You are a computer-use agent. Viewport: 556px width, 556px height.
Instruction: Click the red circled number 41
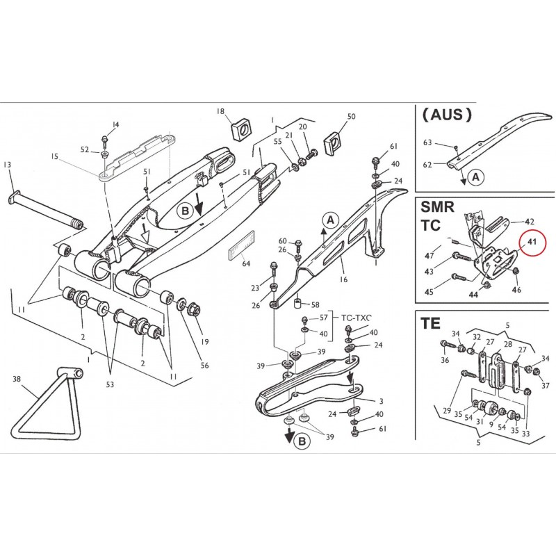click(532, 243)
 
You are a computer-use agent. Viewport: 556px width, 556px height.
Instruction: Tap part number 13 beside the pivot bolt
click(8, 165)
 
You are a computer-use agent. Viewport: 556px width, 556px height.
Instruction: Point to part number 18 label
click(220, 111)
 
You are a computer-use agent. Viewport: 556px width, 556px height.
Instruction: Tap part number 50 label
click(351, 117)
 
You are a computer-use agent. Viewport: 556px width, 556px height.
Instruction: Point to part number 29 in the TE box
click(448, 411)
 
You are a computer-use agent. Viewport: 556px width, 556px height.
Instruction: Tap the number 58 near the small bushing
click(315, 304)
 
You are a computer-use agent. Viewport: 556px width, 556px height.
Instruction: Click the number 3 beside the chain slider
click(381, 401)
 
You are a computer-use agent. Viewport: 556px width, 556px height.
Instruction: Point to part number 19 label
click(205, 341)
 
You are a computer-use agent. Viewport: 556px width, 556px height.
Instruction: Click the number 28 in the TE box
click(507, 345)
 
